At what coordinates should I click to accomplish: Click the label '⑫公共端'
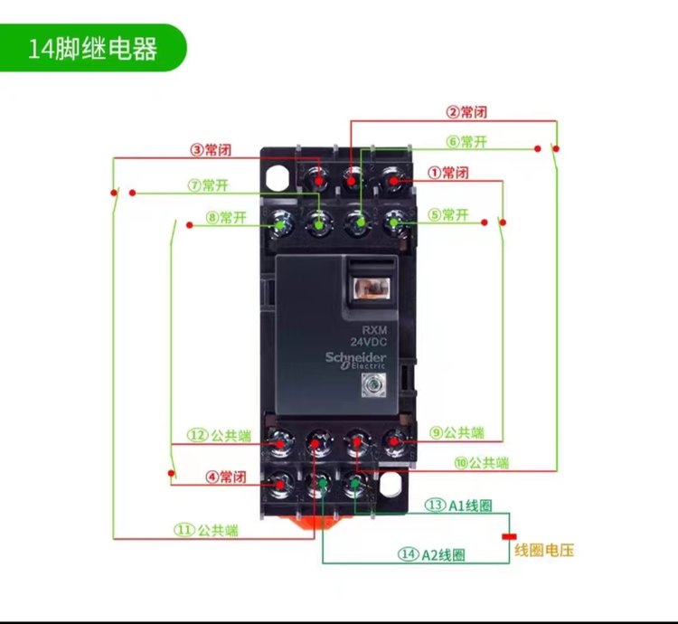point(226,435)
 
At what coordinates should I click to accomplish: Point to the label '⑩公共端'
point(482,463)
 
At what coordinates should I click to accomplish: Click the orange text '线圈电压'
point(544,550)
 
